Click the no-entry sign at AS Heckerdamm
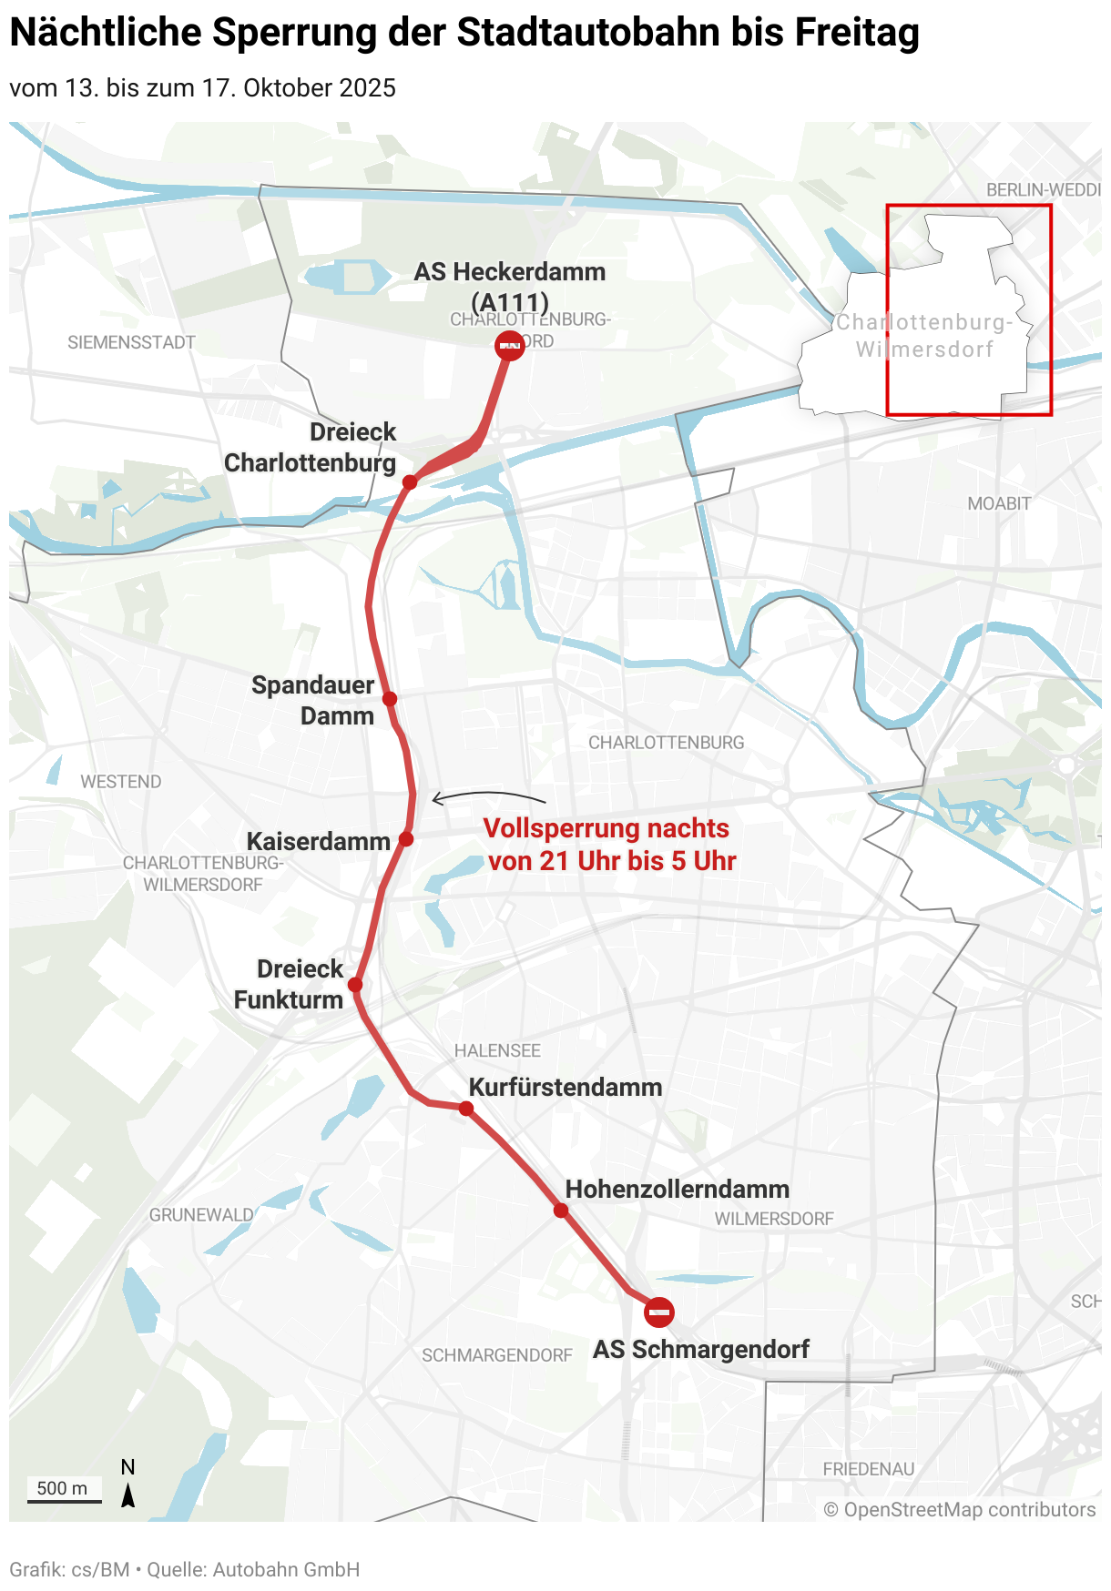point(510,346)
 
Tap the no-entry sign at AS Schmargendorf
point(658,1312)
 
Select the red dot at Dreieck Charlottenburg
point(410,481)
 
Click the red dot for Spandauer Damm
point(390,699)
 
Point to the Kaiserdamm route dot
point(406,839)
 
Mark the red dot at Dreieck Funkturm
point(355,985)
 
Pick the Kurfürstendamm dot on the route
point(466,1109)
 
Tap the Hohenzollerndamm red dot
point(561,1211)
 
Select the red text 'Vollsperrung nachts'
point(606,828)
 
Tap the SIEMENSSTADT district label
point(132,342)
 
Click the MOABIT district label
point(999,503)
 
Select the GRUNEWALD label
point(201,1215)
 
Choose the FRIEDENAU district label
point(869,1469)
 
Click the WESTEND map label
point(121,782)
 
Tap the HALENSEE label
point(497,1050)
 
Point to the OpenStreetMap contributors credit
point(960,1510)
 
